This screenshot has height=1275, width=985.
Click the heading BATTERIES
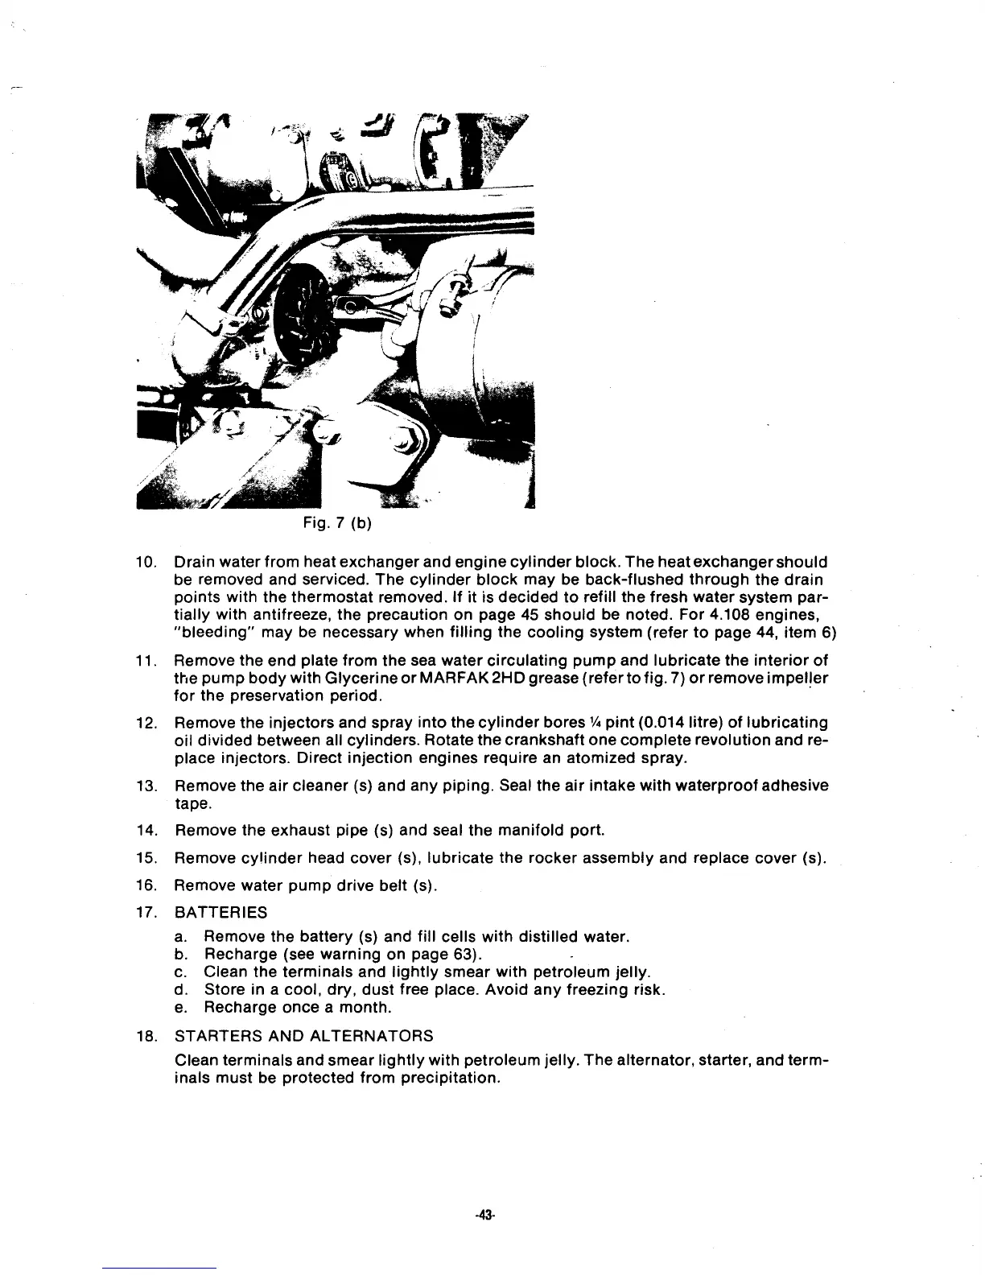220,913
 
